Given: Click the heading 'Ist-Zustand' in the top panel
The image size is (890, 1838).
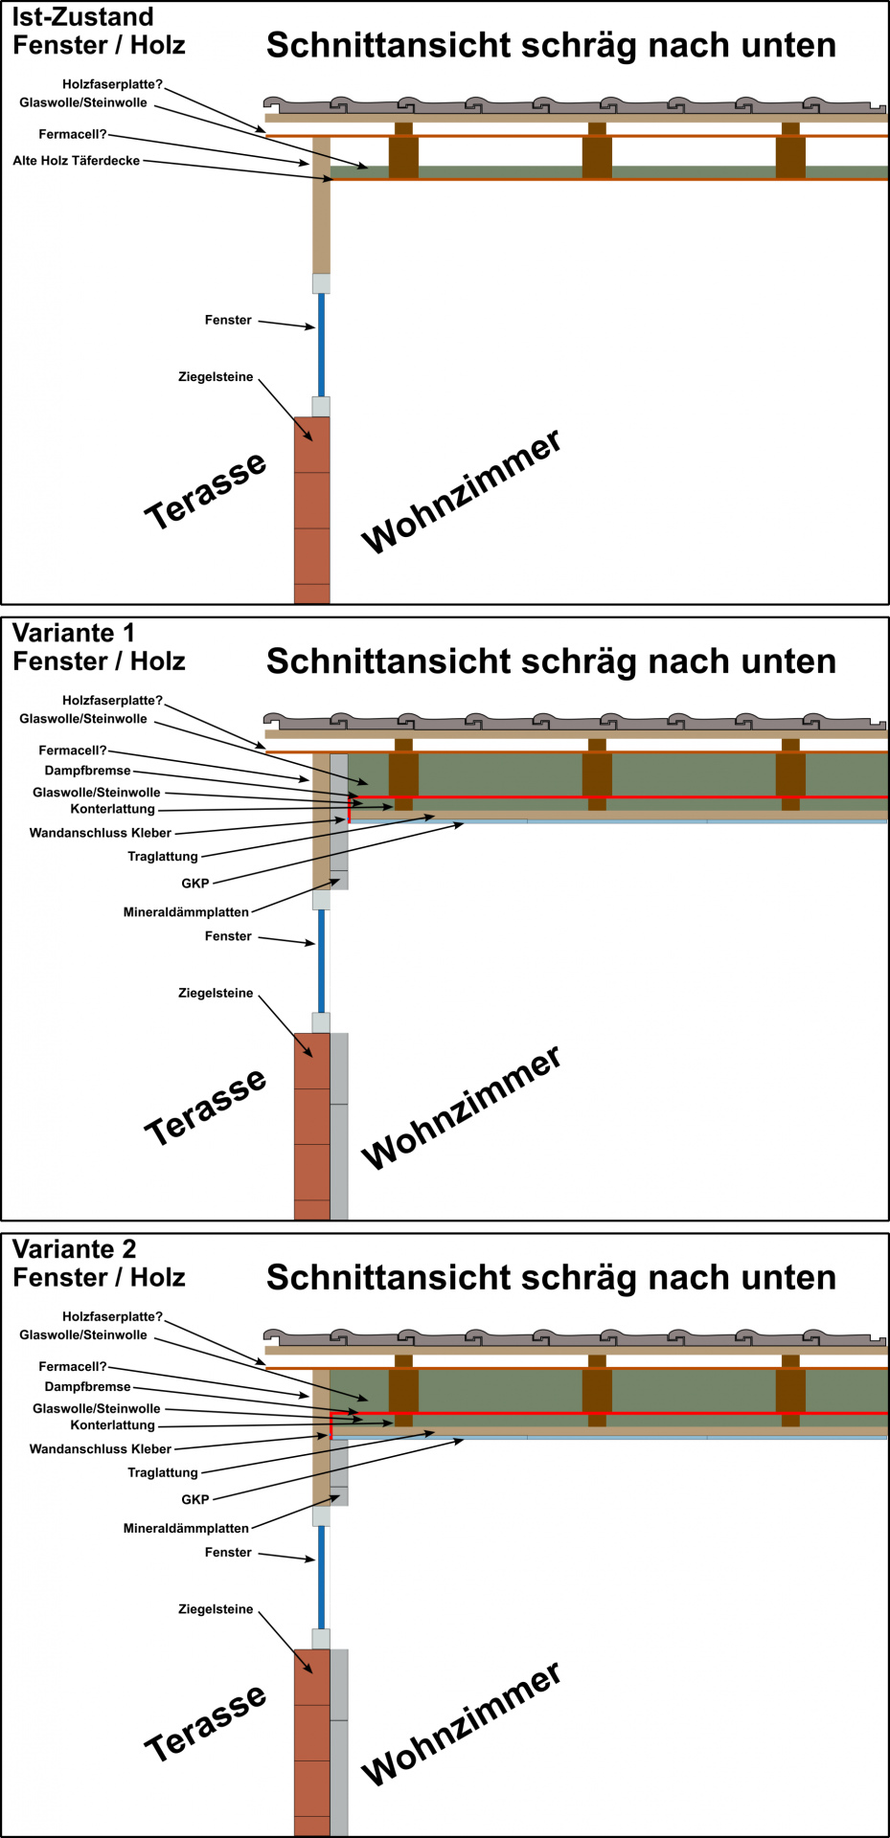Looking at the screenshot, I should click(82, 17).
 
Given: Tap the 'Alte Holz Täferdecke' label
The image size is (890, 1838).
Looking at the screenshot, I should click(77, 161).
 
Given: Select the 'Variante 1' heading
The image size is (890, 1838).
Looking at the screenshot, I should click(74, 633).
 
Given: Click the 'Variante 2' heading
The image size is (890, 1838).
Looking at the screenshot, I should click(75, 1249).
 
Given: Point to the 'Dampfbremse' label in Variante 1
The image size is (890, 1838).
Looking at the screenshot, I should click(87, 771).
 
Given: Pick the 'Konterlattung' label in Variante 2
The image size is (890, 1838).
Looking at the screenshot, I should click(112, 1425).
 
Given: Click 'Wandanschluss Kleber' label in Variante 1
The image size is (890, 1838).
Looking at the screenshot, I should click(101, 833).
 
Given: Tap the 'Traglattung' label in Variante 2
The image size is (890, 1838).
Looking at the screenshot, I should click(163, 1472).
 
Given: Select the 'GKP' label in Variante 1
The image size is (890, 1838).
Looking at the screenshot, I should click(194, 884).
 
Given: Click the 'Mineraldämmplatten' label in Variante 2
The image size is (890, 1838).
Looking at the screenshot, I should click(186, 1529).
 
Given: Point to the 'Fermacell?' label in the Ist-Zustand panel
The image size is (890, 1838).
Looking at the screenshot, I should click(73, 134).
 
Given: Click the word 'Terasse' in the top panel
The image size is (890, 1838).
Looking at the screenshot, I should click(205, 489).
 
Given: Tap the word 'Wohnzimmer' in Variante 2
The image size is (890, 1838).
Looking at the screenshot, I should click(461, 1723).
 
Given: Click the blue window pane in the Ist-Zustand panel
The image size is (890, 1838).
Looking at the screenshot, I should click(321, 345).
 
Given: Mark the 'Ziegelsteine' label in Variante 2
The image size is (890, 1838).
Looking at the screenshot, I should click(216, 1609).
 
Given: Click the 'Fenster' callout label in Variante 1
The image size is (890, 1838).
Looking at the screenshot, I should click(228, 936).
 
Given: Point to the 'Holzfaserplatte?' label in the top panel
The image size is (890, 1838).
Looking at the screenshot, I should click(112, 84).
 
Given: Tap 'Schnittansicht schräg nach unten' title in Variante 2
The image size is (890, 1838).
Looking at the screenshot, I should click(551, 1278).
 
